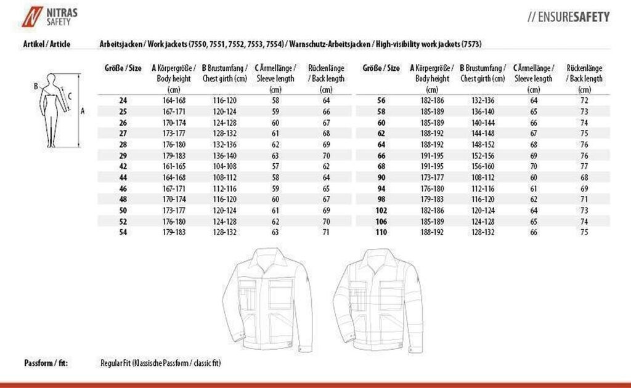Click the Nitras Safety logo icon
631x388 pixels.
click(x=29, y=17)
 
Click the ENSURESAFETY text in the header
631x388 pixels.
click(x=568, y=17)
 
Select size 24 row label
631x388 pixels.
click(x=123, y=100)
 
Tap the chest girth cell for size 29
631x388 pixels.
click(x=224, y=155)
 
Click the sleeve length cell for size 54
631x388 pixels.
click(x=275, y=232)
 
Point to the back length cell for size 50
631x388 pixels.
click(x=326, y=210)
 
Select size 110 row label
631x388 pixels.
click(x=381, y=232)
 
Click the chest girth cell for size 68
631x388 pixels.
click(x=482, y=166)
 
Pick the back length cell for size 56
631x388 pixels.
click(x=584, y=100)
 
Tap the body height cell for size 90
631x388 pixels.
click(x=432, y=177)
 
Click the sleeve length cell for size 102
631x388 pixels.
click(x=534, y=210)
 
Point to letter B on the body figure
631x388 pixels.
click(x=36, y=86)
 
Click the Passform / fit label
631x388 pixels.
click(x=46, y=363)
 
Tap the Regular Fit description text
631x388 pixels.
click(x=160, y=363)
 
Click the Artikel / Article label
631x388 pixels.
click(x=46, y=44)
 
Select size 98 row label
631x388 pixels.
click(x=381, y=199)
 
